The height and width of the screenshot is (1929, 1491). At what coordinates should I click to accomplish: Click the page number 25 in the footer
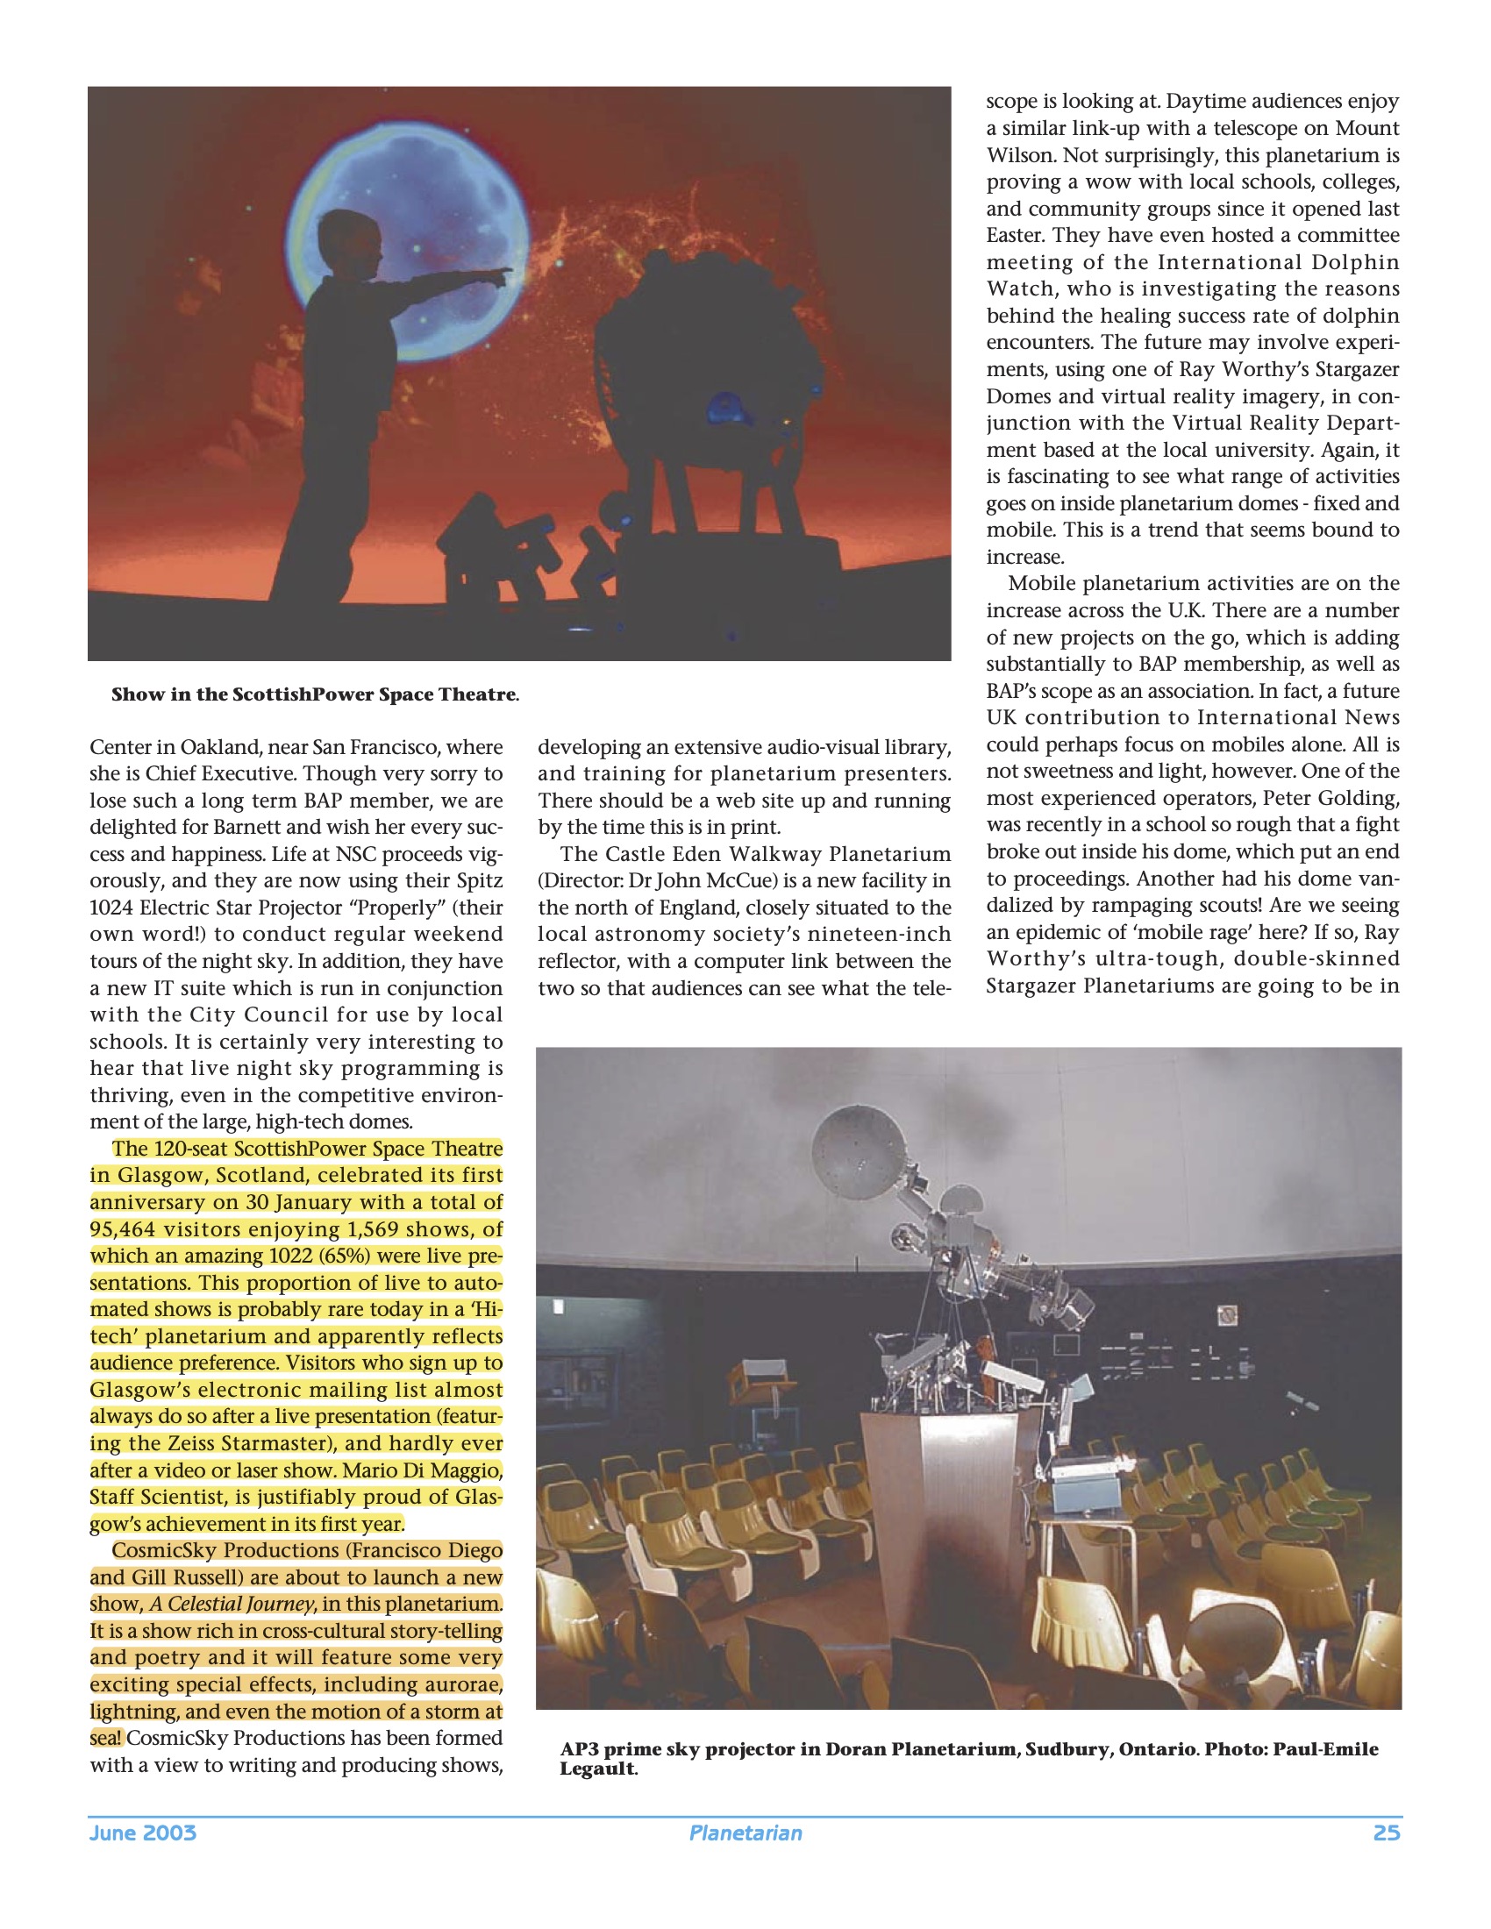point(1386,1833)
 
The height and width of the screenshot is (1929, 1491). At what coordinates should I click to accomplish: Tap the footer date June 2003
point(142,1833)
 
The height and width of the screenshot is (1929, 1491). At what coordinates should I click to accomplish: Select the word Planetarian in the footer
point(745,1833)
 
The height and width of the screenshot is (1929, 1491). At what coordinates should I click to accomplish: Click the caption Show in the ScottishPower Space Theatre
point(315,694)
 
